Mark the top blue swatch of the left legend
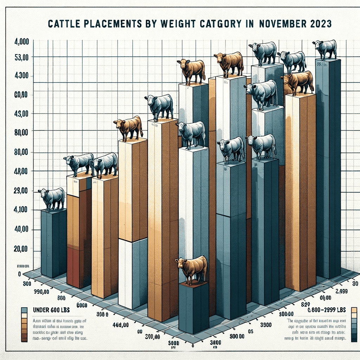pyautogui.click(x=24, y=310)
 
